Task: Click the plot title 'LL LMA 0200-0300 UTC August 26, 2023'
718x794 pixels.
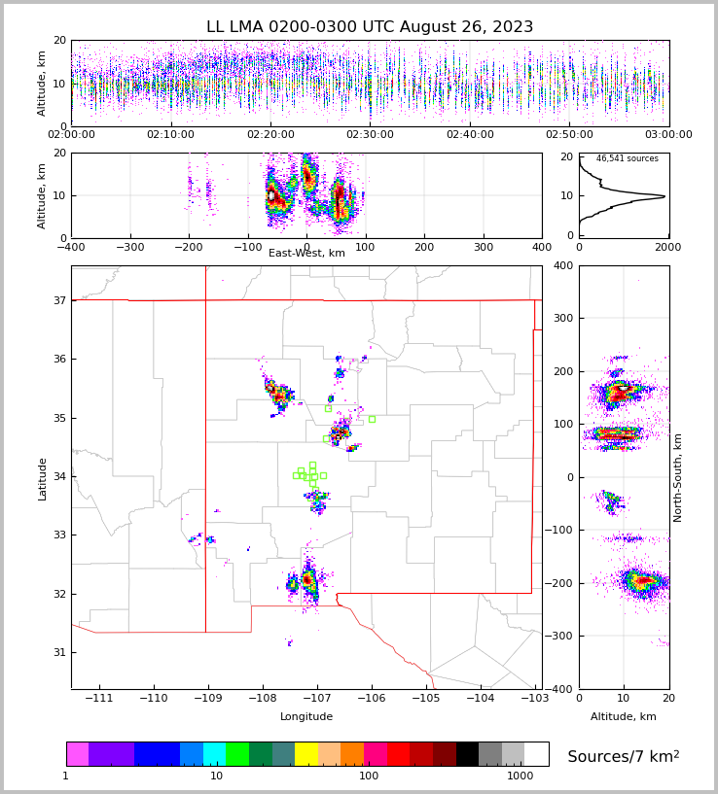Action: pos(370,27)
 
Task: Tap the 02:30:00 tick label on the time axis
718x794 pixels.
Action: pos(370,134)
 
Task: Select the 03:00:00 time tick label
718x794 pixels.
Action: pos(668,134)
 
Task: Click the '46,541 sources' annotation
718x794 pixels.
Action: pos(627,158)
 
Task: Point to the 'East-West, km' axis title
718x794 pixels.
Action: pos(306,254)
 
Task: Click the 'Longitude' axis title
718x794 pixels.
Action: pos(306,716)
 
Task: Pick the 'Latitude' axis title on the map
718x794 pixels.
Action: pos(42,478)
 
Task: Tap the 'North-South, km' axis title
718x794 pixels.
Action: pos(678,478)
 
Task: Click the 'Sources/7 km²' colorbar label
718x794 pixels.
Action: pos(624,756)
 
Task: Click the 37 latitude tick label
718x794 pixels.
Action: pos(58,301)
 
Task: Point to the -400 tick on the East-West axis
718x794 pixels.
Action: pos(71,247)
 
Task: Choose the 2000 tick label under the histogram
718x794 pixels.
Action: pos(667,247)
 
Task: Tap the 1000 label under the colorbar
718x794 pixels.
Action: pos(521,777)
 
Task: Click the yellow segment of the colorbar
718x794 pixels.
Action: pos(305,754)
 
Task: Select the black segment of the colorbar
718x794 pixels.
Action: pos(467,754)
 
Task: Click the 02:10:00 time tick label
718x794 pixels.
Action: pos(171,134)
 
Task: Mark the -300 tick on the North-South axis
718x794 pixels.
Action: pos(561,637)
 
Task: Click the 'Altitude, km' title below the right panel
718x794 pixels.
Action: pos(624,716)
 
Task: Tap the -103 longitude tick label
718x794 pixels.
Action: pos(533,699)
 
